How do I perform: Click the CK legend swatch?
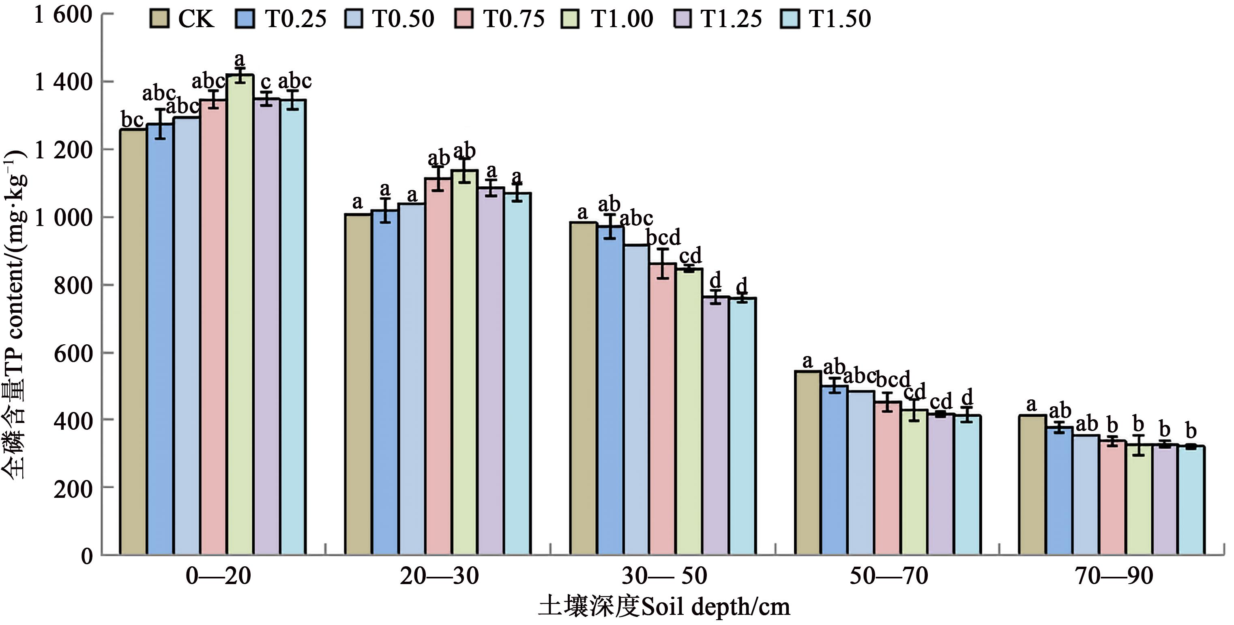[x=159, y=19]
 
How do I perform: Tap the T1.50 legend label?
[x=839, y=19]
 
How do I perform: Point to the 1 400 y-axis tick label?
[x=63, y=82]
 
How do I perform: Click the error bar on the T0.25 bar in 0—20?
[x=160, y=124]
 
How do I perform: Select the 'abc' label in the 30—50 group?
[x=636, y=219]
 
